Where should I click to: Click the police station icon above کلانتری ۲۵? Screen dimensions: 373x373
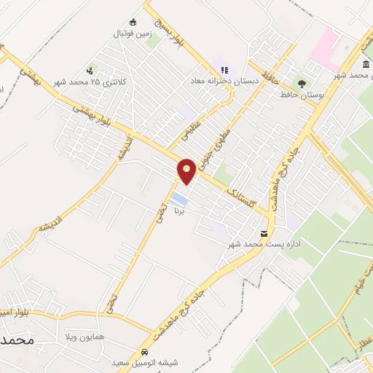90,71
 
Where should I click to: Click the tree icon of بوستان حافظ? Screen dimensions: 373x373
301,84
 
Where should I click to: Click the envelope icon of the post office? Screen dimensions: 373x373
264,235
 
